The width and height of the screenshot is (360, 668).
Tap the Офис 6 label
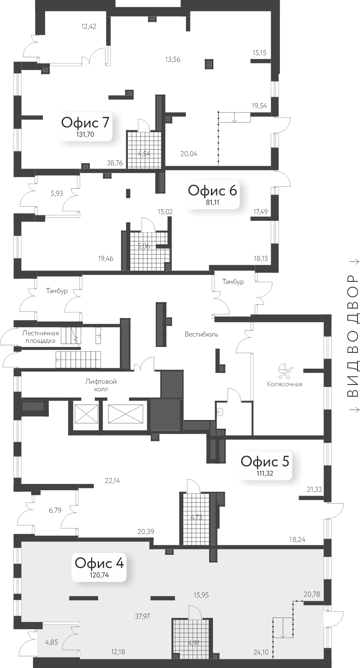(x=212, y=190)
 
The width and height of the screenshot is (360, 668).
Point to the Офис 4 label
(x=99, y=563)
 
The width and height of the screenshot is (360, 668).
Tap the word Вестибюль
(x=202, y=334)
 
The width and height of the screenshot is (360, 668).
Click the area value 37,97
(x=142, y=616)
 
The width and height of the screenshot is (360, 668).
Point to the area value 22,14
(x=112, y=481)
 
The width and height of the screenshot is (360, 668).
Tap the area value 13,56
(x=173, y=59)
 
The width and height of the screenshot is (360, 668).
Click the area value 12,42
(x=89, y=27)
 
